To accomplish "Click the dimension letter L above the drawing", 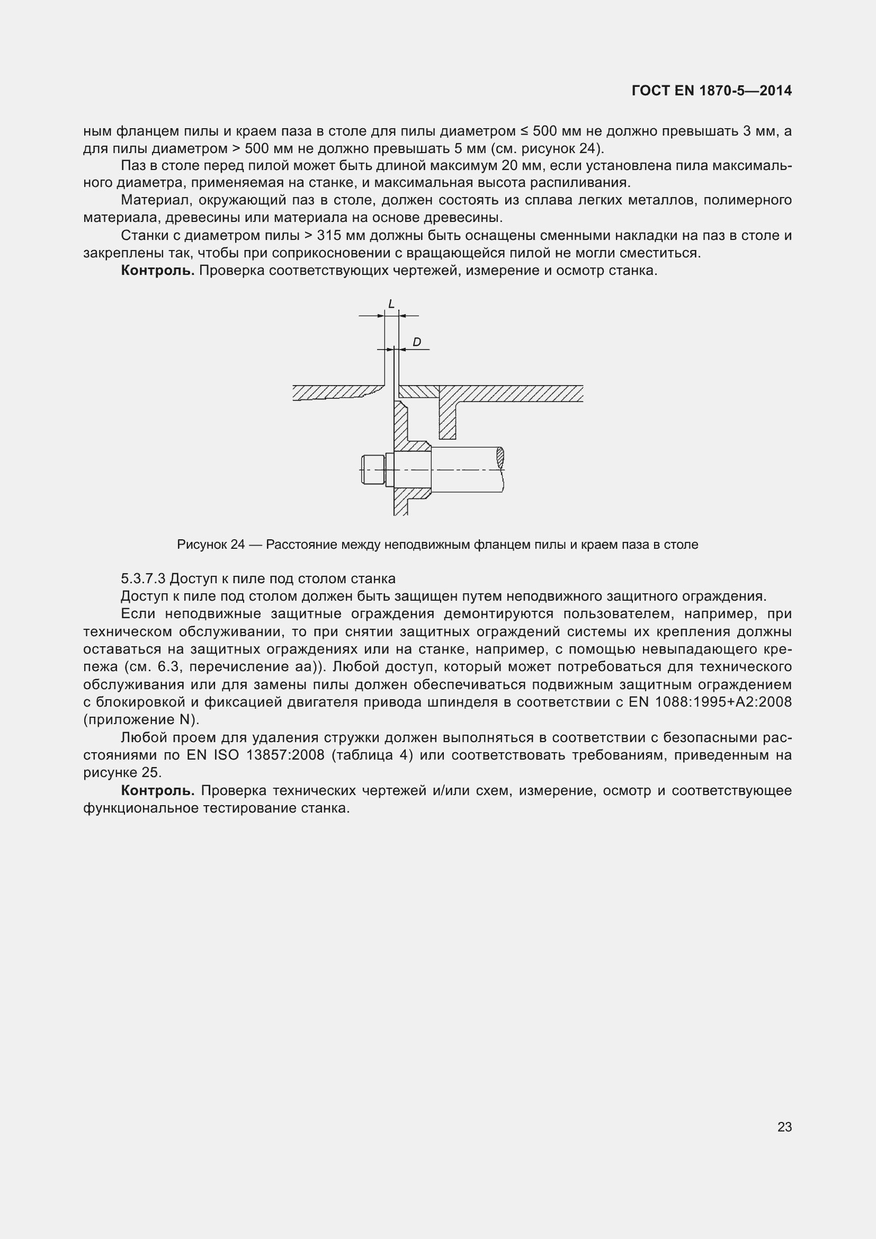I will (x=391, y=305).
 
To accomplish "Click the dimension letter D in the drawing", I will (x=416, y=342).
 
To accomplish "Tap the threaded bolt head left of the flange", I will (x=372, y=469).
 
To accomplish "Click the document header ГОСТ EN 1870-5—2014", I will (x=711, y=91).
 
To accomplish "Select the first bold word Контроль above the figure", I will (x=157, y=270).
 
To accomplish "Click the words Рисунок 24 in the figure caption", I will (x=210, y=545).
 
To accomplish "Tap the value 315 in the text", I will (x=329, y=235).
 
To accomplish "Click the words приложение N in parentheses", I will (x=141, y=720).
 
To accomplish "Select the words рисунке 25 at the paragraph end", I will (x=122, y=772).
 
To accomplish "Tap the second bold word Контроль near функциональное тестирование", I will (x=157, y=790).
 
